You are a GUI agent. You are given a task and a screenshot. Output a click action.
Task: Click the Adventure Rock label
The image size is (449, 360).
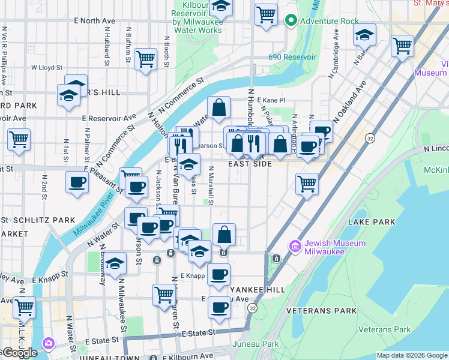point(329,21)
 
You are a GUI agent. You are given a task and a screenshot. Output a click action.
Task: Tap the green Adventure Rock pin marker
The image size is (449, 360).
point(291,21)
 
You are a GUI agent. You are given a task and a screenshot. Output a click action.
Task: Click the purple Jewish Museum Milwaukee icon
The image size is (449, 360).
point(295,246)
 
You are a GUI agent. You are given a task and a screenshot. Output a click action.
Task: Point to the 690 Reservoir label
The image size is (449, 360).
point(292,57)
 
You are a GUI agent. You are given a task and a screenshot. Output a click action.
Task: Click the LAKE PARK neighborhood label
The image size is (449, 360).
point(372,222)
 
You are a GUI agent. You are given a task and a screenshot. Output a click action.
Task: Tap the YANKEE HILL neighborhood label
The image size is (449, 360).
point(259,289)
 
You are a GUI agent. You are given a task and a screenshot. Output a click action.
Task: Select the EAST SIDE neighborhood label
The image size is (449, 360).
point(250,164)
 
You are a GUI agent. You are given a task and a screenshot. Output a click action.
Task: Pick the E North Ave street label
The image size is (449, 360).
point(94,20)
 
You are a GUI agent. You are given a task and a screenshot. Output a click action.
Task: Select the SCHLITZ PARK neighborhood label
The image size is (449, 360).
point(47,221)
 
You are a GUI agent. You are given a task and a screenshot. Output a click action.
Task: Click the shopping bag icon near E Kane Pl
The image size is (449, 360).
point(219,108)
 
